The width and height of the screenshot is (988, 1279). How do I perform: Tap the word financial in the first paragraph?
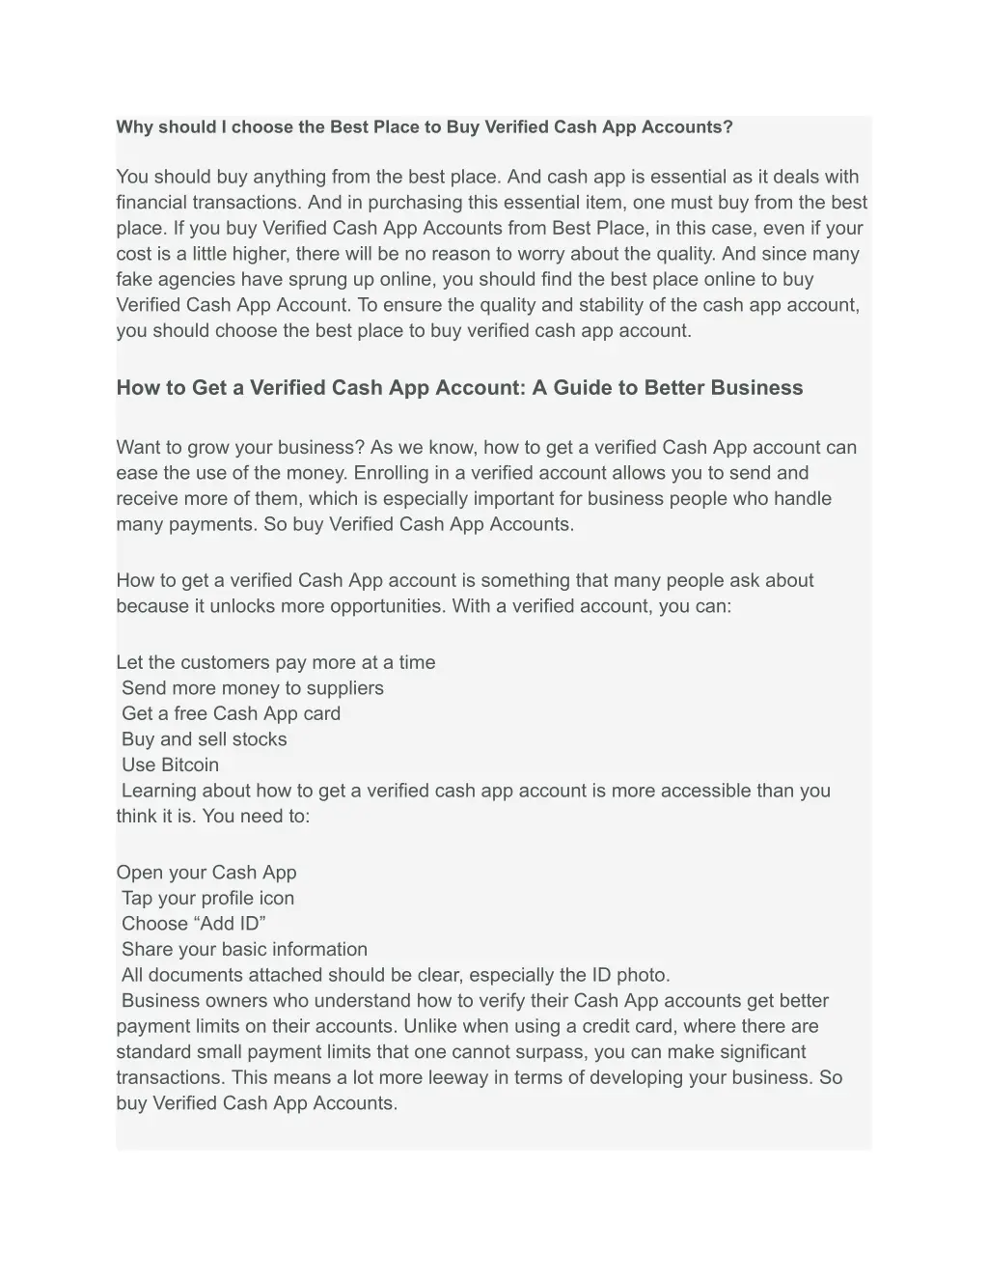coord(151,203)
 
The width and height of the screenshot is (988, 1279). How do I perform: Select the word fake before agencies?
coord(135,280)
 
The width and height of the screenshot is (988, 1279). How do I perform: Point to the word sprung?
coord(314,280)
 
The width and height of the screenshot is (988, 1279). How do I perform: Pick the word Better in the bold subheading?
coord(674,388)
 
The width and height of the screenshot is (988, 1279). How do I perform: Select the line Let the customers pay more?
coord(276,663)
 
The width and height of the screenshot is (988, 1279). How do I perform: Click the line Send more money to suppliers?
coord(253,688)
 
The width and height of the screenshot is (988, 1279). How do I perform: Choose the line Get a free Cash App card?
coord(231,714)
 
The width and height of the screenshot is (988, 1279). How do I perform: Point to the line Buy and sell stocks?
coord(205,739)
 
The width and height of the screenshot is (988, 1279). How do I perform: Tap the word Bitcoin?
coord(190,765)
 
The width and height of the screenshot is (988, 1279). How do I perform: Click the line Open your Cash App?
coord(206,873)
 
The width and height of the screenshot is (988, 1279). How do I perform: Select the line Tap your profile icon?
coord(208,899)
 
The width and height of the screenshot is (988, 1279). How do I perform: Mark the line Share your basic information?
coord(244,950)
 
